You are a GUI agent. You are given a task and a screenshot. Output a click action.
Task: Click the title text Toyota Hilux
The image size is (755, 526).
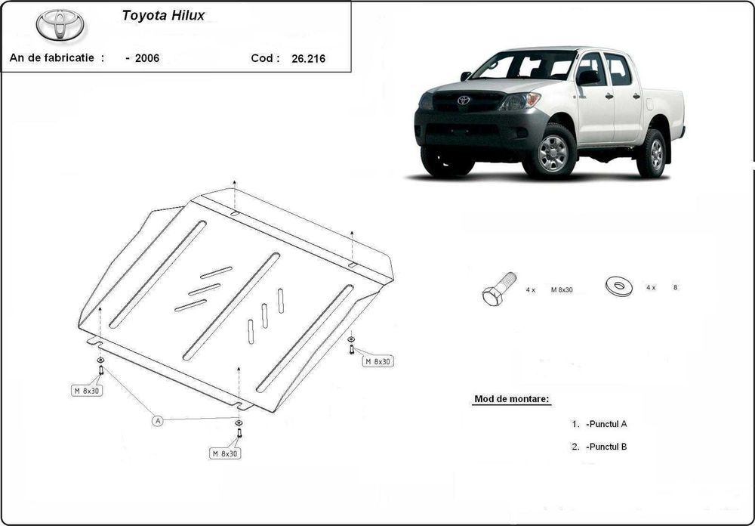(158, 14)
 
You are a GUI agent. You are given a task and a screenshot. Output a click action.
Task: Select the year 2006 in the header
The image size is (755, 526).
(147, 58)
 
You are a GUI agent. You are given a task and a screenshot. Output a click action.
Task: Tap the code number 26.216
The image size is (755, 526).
(308, 58)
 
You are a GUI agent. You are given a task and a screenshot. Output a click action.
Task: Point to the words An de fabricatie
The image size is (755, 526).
(57, 58)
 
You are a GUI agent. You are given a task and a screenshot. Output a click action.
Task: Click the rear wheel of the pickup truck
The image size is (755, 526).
(654, 153)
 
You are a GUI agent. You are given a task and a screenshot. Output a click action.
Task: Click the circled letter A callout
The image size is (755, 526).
(158, 421)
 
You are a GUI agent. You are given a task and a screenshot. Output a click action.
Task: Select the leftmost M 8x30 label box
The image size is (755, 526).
(87, 391)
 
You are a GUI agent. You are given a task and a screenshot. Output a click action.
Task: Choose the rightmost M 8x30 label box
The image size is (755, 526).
(378, 361)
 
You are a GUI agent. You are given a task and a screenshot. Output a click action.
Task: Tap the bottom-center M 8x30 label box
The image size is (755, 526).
(225, 453)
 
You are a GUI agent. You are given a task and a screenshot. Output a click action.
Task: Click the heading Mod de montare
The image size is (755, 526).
(512, 398)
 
